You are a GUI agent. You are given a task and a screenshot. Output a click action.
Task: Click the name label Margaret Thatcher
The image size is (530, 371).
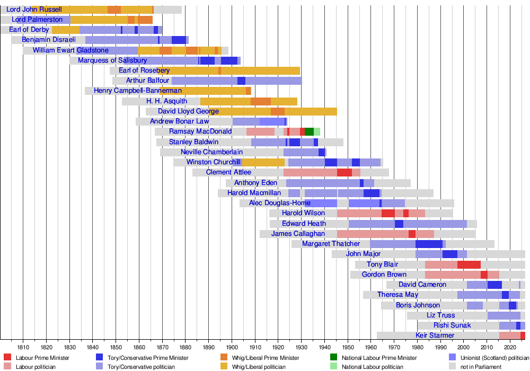[x=331, y=244]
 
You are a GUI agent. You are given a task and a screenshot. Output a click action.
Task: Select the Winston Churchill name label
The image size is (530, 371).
[x=214, y=162]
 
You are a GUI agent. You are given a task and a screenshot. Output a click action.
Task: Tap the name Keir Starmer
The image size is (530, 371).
[x=435, y=335]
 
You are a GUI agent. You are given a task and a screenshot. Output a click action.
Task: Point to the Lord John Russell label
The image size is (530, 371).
[x=34, y=10]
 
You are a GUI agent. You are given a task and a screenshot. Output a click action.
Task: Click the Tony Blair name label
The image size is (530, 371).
[x=382, y=264]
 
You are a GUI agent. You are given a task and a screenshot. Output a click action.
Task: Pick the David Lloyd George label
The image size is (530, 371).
[x=188, y=111]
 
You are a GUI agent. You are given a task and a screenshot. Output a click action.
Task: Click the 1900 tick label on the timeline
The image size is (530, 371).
[x=232, y=347]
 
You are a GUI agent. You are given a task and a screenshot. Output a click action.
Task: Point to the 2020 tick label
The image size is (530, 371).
[x=510, y=347]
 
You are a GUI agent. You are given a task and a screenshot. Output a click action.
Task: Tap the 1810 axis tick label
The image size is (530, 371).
[x=23, y=347]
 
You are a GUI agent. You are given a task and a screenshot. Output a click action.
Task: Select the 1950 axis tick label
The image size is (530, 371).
[x=348, y=347]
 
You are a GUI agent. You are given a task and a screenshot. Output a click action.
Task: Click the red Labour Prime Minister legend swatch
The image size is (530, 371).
[x=7, y=357]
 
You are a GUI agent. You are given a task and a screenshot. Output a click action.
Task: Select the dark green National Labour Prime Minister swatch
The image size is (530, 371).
[x=334, y=357]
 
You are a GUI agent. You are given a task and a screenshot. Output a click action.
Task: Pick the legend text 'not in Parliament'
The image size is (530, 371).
[x=481, y=367]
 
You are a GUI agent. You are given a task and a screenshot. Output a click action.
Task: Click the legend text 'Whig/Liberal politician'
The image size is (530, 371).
[x=261, y=367]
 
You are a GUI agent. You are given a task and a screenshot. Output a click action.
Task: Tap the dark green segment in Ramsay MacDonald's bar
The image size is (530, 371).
[x=309, y=131]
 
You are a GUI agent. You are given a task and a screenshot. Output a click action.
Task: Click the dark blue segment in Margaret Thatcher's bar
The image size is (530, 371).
[x=429, y=244]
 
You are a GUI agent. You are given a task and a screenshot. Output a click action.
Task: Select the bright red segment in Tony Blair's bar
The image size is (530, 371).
[x=469, y=264]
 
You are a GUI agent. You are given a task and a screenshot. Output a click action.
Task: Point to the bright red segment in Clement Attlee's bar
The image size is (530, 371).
[x=344, y=172]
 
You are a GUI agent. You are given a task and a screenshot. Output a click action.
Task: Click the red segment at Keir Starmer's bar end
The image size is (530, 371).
[x=523, y=335]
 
